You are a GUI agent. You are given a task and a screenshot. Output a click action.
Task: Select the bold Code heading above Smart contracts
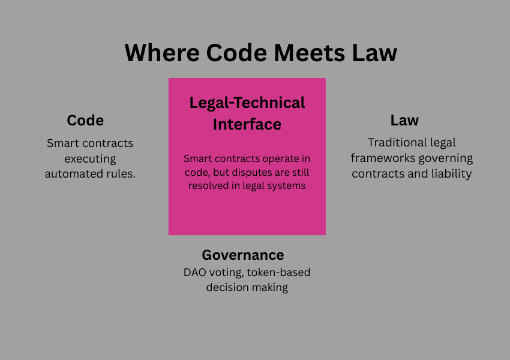pyautogui.click(x=85, y=121)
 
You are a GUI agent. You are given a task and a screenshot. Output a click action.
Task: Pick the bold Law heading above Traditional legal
pyautogui.click(x=404, y=120)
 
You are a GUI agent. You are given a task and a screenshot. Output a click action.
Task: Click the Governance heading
pyautogui.click(x=243, y=255)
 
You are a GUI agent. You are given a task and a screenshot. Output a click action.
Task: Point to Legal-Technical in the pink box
pyautogui.click(x=247, y=103)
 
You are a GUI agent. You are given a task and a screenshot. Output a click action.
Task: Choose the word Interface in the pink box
pyautogui.click(x=247, y=124)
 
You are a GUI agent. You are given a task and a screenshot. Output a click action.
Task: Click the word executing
pyautogui.click(x=90, y=159)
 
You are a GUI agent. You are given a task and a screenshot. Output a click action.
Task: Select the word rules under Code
pyautogui.click(x=122, y=174)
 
